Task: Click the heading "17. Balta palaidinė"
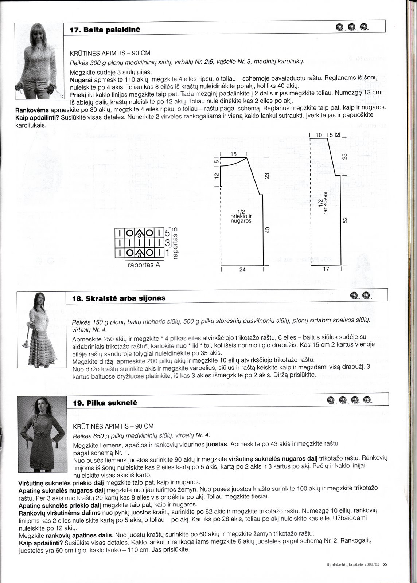pyautogui.click(x=105, y=30)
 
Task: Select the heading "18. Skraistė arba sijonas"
pyautogui.click(x=119, y=298)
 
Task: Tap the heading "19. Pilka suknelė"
pyautogui.click(x=105, y=403)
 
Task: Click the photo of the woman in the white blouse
pyautogui.click(x=39, y=61)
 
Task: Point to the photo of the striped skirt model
pyautogui.click(x=42, y=330)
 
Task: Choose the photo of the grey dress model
pyautogui.click(x=42, y=434)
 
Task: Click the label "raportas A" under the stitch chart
pyautogui.click(x=144, y=265)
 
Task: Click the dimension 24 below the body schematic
pyautogui.click(x=242, y=270)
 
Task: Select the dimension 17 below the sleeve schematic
pyautogui.click(x=326, y=269)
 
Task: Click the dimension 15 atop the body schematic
pyautogui.click(x=234, y=154)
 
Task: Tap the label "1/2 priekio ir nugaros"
pyautogui.click(x=241, y=216)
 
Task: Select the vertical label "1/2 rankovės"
pyautogui.click(x=323, y=203)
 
